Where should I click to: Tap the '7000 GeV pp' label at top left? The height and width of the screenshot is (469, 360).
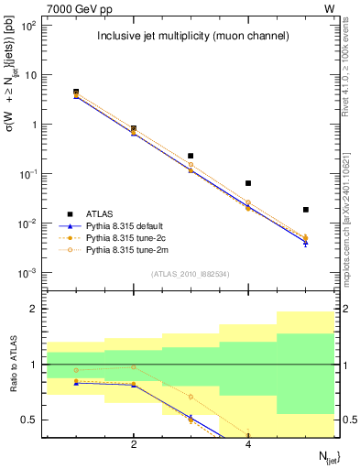click(72, 8)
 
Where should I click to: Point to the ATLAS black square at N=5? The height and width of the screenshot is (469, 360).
click(306, 210)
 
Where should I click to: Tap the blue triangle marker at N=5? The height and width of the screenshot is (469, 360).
click(306, 243)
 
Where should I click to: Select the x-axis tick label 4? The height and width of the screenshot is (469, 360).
click(248, 445)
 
